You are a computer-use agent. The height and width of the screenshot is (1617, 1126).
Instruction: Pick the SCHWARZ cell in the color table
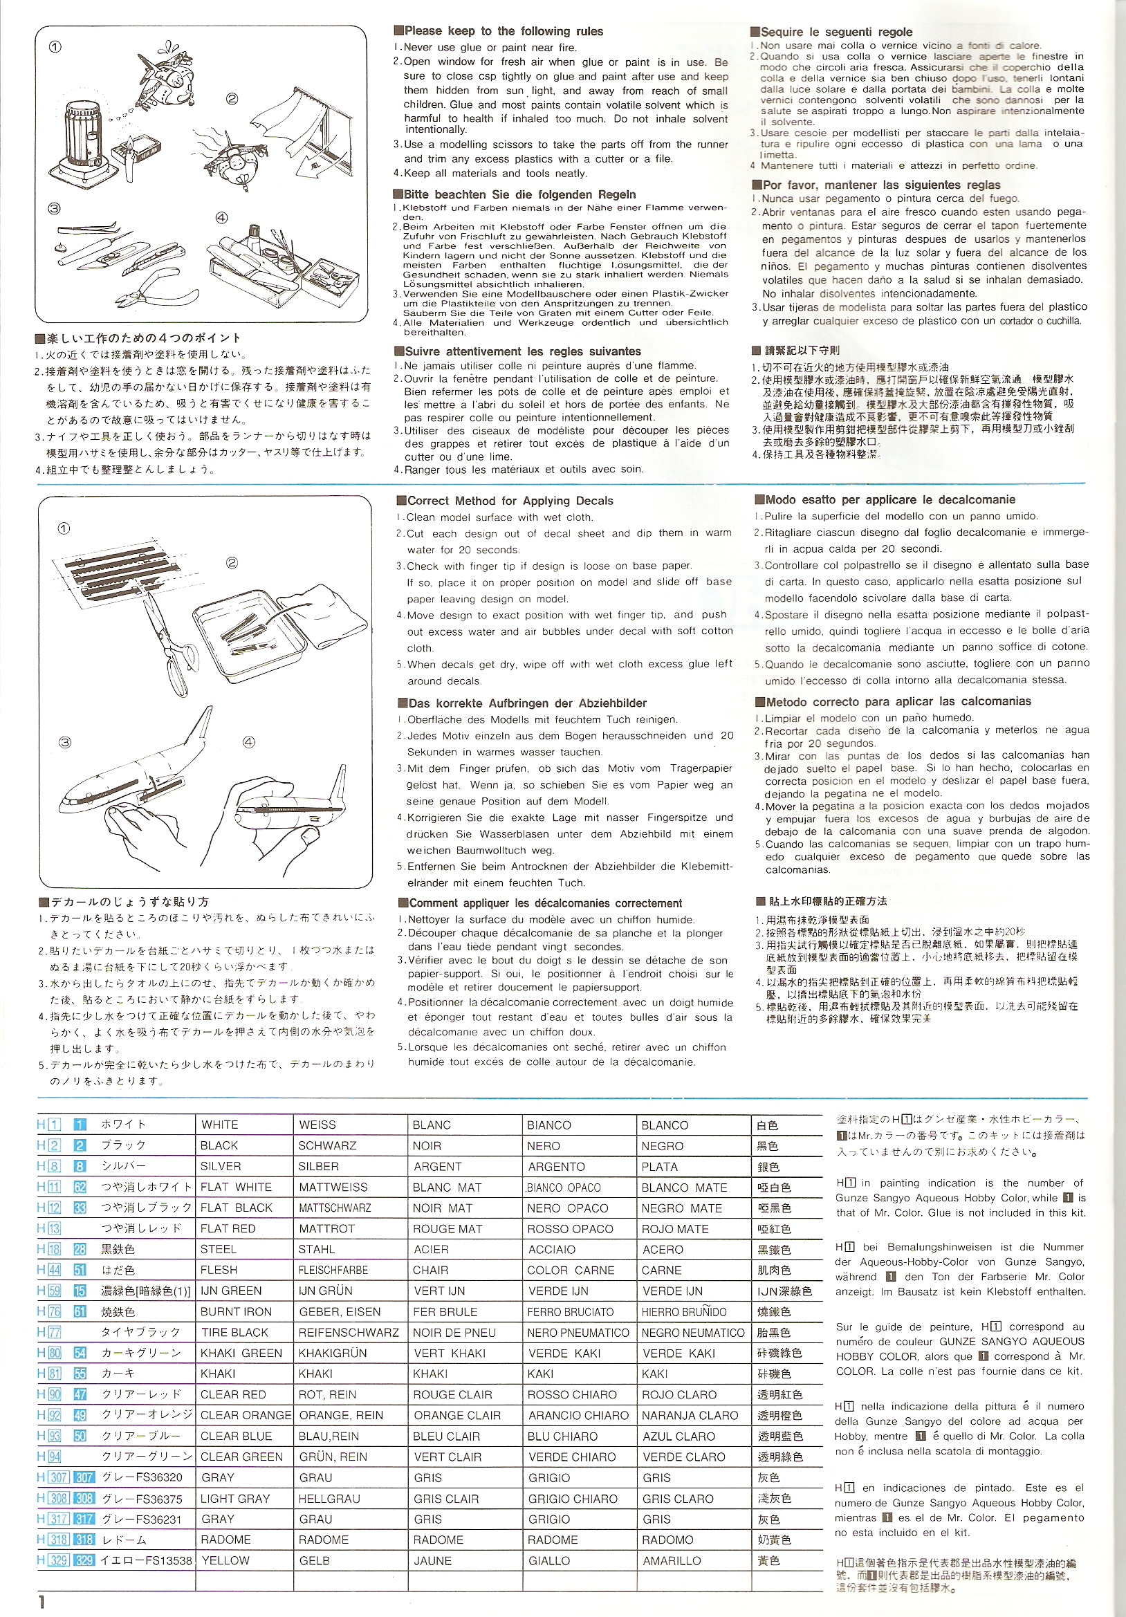pyautogui.click(x=324, y=1145)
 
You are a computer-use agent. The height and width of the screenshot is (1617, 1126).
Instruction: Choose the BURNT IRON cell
pyautogui.click(x=235, y=1311)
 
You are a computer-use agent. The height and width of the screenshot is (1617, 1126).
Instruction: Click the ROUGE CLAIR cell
pyautogui.click(x=445, y=1394)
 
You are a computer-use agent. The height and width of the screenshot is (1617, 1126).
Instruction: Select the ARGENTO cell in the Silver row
pyautogui.click(x=555, y=1166)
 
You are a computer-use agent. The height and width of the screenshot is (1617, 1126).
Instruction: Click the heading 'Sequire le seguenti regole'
pyautogui.click(x=831, y=32)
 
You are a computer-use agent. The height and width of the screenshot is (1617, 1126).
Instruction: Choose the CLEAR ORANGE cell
pyautogui.click(x=245, y=1415)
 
